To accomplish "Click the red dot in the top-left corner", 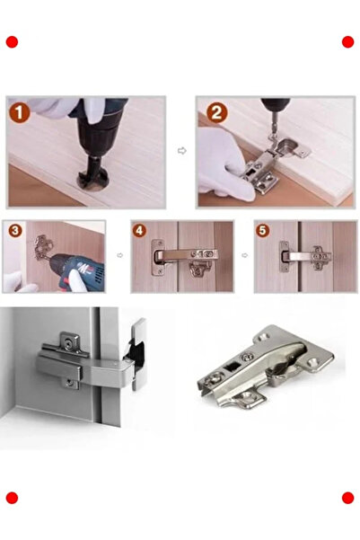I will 12,41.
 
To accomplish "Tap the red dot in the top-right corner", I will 348,41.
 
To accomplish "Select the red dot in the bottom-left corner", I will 12,498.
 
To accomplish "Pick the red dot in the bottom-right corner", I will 348,498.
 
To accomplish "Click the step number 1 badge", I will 21,113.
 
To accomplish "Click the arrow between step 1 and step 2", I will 181,151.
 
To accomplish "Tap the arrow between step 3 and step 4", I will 119,257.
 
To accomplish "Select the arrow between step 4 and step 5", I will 243,257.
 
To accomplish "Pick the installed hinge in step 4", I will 180,257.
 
